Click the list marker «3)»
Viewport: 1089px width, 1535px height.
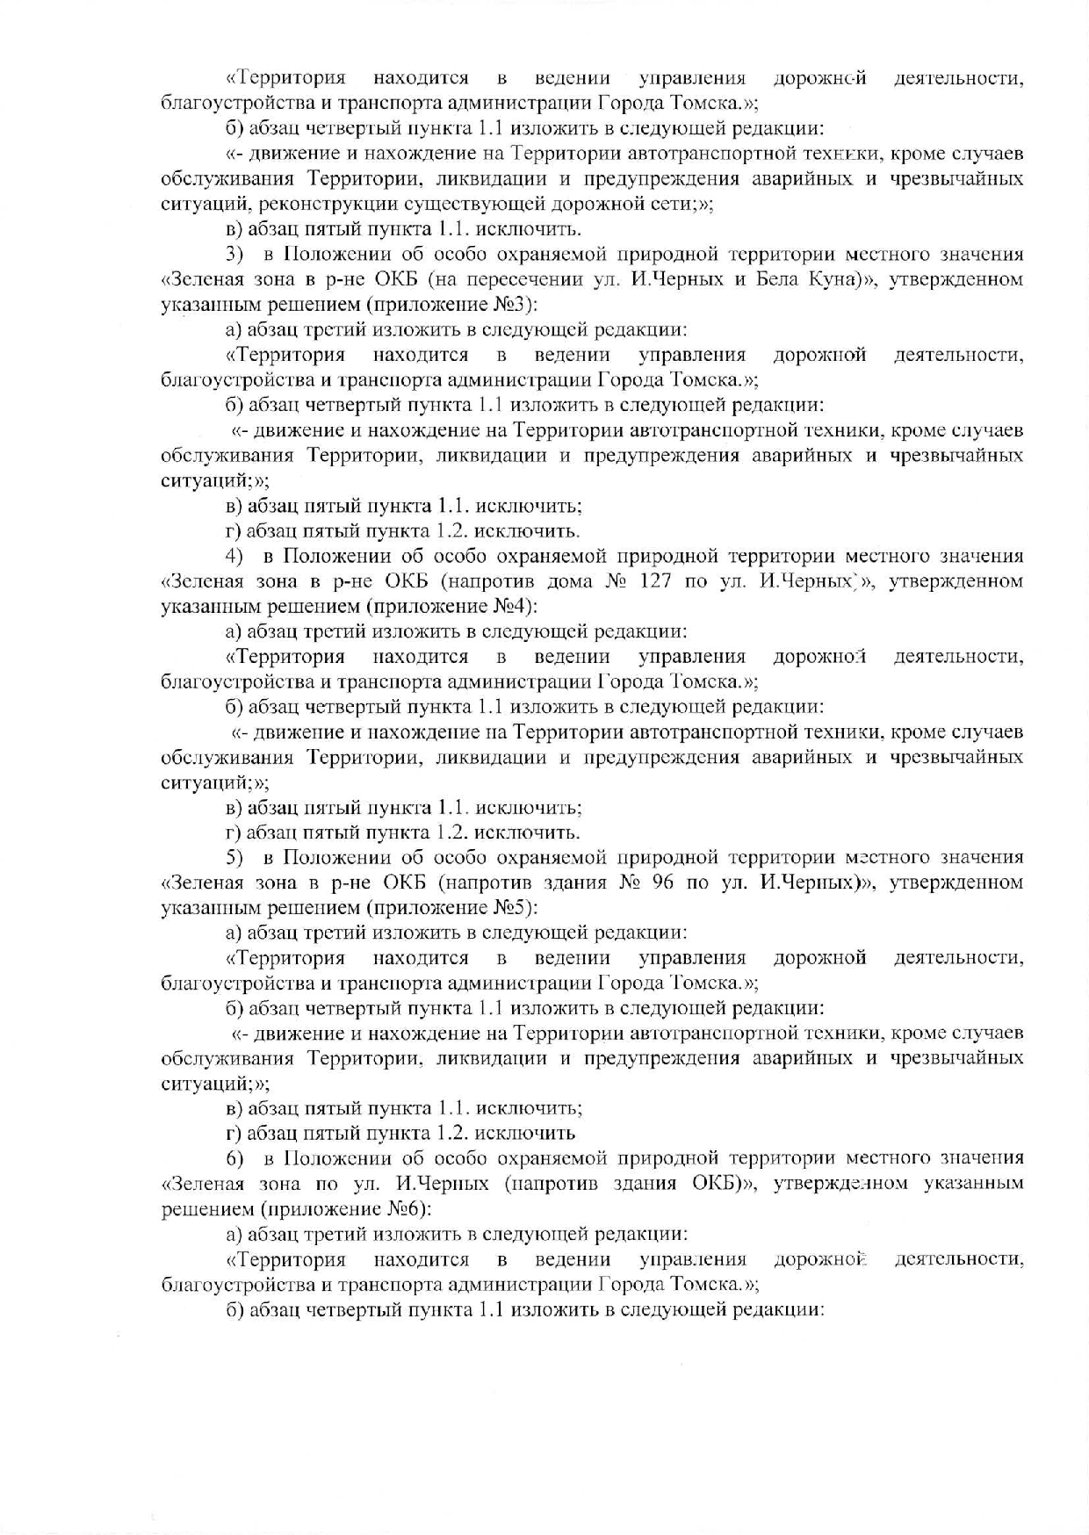point(234,256)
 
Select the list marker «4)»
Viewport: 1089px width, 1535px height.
point(234,557)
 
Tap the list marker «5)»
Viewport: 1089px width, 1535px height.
point(234,858)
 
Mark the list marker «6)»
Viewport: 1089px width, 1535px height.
point(234,1159)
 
